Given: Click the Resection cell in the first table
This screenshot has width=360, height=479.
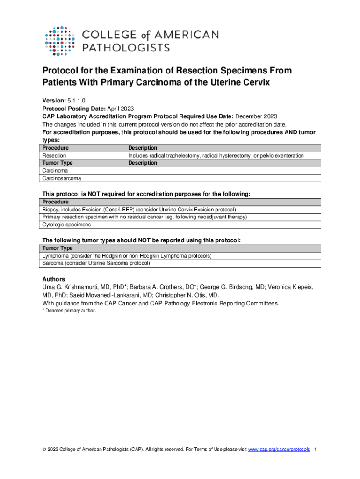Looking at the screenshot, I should click(x=54, y=155).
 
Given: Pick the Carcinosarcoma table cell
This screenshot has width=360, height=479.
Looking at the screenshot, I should click(x=62, y=178).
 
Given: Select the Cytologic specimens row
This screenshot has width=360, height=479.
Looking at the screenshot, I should click(x=66, y=225).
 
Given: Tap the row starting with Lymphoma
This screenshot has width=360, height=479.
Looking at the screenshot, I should click(x=127, y=256).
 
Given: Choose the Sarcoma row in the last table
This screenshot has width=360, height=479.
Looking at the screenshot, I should click(x=96, y=263).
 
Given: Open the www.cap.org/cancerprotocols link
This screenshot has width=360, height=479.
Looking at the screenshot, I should click(x=279, y=450).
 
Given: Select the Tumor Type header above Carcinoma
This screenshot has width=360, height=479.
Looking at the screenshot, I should click(x=58, y=163).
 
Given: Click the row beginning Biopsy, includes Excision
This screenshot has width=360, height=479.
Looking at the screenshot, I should click(x=139, y=210).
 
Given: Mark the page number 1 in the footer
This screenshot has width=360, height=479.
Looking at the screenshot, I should click(x=316, y=450).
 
